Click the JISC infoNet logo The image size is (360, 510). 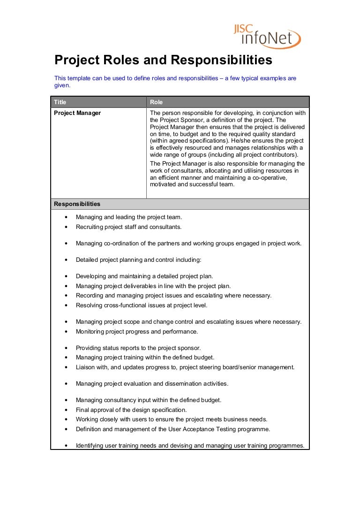(x=267, y=36)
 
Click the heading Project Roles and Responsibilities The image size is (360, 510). (x=163, y=60)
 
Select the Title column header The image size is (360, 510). (x=60, y=102)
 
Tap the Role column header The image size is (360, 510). (x=156, y=102)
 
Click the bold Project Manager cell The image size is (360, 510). (x=77, y=113)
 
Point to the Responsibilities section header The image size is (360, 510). (x=77, y=204)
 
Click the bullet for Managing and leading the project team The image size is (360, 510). (x=66, y=217)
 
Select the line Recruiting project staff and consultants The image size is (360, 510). (x=128, y=227)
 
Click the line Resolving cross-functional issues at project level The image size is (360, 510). (x=141, y=305)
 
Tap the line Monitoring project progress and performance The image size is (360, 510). (x=137, y=332)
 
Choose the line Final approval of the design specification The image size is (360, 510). (x=131, y=410)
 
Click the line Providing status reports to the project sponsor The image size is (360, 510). (x=138, y=348)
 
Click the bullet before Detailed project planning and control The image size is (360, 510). (x=66, y=260)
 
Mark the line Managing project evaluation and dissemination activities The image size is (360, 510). (x=152, y=384)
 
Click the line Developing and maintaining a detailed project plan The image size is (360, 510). (x=144, y=276)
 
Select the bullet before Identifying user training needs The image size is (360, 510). (x=66, y=446)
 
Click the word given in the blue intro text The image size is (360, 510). (x=62, y=86)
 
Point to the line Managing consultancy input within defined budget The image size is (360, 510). (x=149, y=400)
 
